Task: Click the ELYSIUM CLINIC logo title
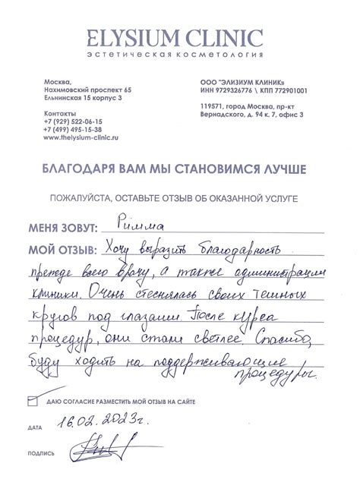(180, 38)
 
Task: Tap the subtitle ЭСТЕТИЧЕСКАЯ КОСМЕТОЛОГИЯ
(180, 56)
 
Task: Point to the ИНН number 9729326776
(233, 90)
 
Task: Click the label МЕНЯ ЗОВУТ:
(63, 226)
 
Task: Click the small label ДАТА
(35, 428)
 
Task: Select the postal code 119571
(210, 106)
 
